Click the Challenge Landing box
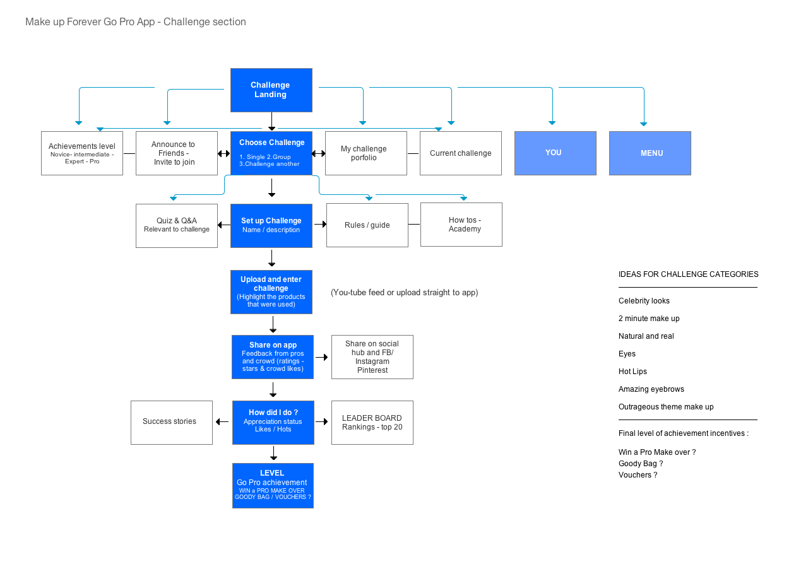[x=271, y=90]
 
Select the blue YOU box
[x=555, y=153]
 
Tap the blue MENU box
[x=650, y=153]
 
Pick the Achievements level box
[x=82, y=153]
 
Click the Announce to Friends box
[x=177, y=153]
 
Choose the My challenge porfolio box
[x=366, y=153]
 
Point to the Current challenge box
[x=461, y=153]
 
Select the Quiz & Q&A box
[x=177, y=226]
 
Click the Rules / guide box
[x=367, y=225]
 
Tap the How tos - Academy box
[x=461, y=225]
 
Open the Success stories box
[x=172, y=423]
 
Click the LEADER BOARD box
[x=372, y=423]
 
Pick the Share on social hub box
[x=372, y=357]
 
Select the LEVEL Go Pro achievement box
[x=273, y=486]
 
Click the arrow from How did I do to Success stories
[x=222, y=421]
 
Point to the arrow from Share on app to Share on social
[x=322, y=357]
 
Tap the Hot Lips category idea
[x=633, y=372]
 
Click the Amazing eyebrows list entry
[x=651, y=389]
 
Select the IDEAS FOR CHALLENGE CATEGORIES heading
[x=688, y=274]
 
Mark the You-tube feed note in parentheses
[x=405, y=293]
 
